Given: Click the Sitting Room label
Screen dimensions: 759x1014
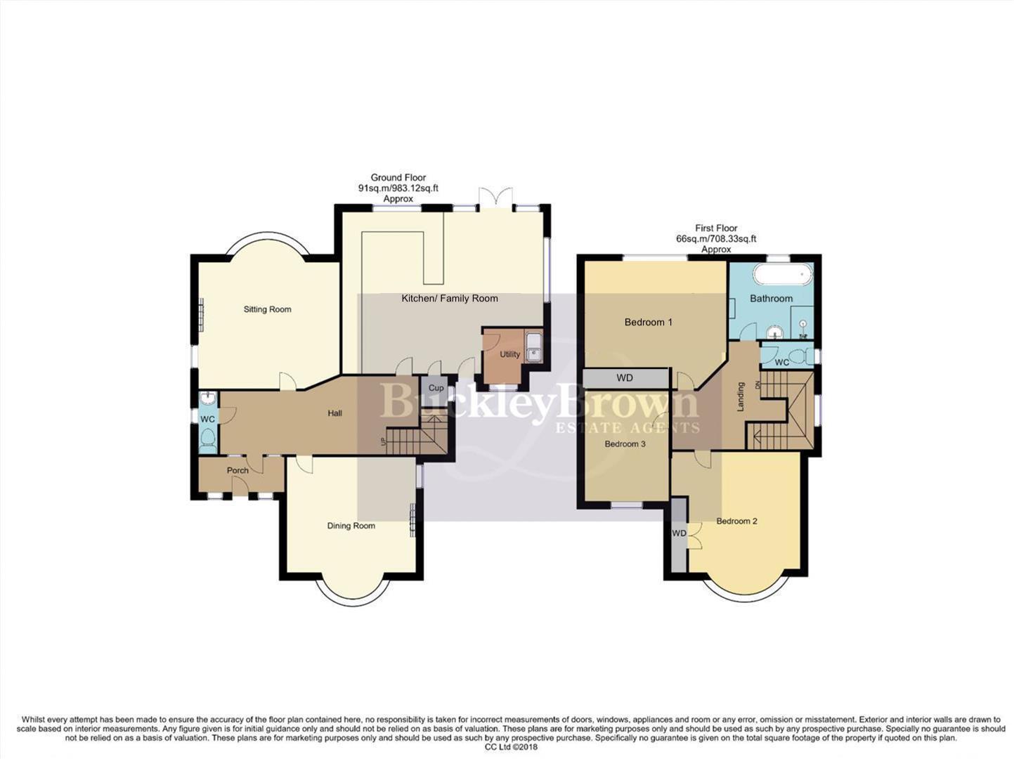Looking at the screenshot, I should tap(267, 309).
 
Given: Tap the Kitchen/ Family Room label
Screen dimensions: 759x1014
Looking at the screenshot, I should tap(450, 299).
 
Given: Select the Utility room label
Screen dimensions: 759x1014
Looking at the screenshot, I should tap(509, 355).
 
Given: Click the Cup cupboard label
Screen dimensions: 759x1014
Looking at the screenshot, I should tap(436, 388).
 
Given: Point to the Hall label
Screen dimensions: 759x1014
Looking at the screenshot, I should tap(335, 413).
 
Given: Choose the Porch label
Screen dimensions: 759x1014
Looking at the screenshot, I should tap(238, 471).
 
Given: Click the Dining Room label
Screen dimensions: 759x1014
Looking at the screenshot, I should tap(351, 526).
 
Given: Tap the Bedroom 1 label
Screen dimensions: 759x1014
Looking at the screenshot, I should tap(649, 323).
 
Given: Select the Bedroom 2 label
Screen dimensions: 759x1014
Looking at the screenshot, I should tap(736, 521).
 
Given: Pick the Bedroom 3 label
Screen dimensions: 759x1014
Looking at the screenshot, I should tap(625, 444).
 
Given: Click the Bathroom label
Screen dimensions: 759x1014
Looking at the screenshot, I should tap(771, 299).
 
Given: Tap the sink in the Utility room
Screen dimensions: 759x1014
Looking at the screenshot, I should tap(534, 346).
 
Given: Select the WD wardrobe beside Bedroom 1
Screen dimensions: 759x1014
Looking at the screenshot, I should tap(625, 378).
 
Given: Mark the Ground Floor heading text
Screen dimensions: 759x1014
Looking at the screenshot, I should tap(398, 178).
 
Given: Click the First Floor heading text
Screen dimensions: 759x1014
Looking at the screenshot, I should tap(716, 228).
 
